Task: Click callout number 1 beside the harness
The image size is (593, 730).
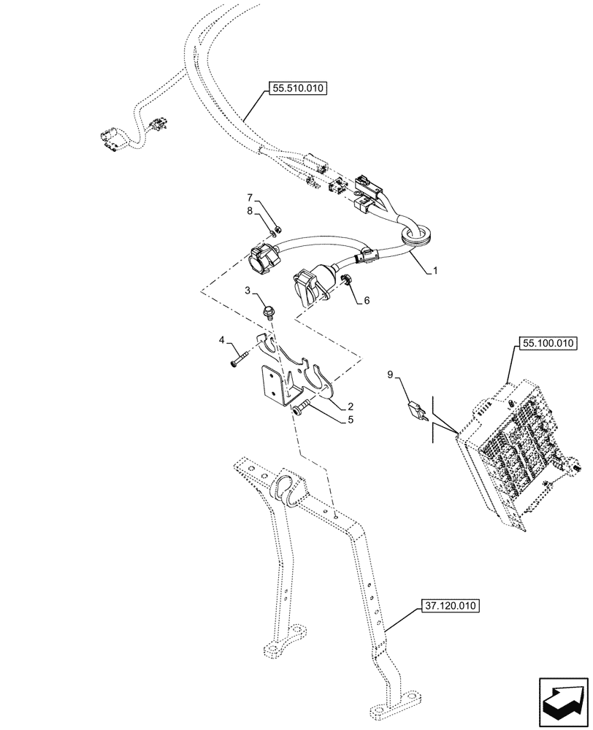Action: tap(435, 270)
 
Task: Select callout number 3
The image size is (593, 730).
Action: tap(248, 291)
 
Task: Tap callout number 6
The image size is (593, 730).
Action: tap(367, 300)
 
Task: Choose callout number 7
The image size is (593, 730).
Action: tap(249, 197)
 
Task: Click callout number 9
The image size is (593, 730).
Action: tap(390, 374)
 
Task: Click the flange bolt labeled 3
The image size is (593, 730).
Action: tap(269, 312)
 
